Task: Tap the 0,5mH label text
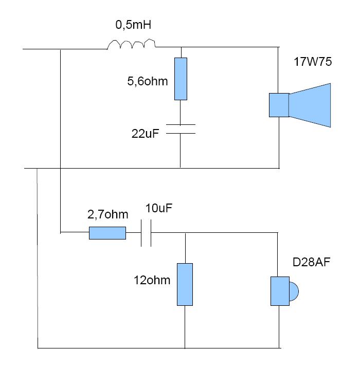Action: pyautogui.click(x=133, y=25)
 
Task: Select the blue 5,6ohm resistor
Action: pyautogui.click(x=181, y=79)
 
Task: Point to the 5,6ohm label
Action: pyautogui.click(x=148, y=81)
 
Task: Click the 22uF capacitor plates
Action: pyautogui.click(x=181, y=129)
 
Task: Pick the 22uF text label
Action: pyautogui.click(x=145, y=134)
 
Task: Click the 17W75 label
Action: pyautogui.click(x=313, y=62)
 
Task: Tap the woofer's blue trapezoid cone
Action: pyautogui.click(x=310, y=105)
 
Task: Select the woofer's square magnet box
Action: pyautogui.click(x=279, y=105)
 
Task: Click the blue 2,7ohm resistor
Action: pyautogui.click(x=107, y=233)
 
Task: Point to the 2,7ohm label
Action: pyautogui.click(x=108, y=214)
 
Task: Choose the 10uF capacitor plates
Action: pyautogui.click(x=146, y=233)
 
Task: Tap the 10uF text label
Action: pyautogui.click(x=159, y=208)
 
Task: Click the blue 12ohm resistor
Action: pyautogui.click(x=185, y=284)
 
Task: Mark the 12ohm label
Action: pyautogui.click(x=152, y=280)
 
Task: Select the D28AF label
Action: pyautogui.click(x=311, y=262)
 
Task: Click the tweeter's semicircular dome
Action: pyautogui.click(x=294, y=291)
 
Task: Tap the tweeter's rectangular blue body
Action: pyautogui.click(x=280, y=291)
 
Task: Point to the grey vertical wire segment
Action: pyautogui.click(x=38, y=258)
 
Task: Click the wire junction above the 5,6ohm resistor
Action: pyautogui.click(x=181, y=47)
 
